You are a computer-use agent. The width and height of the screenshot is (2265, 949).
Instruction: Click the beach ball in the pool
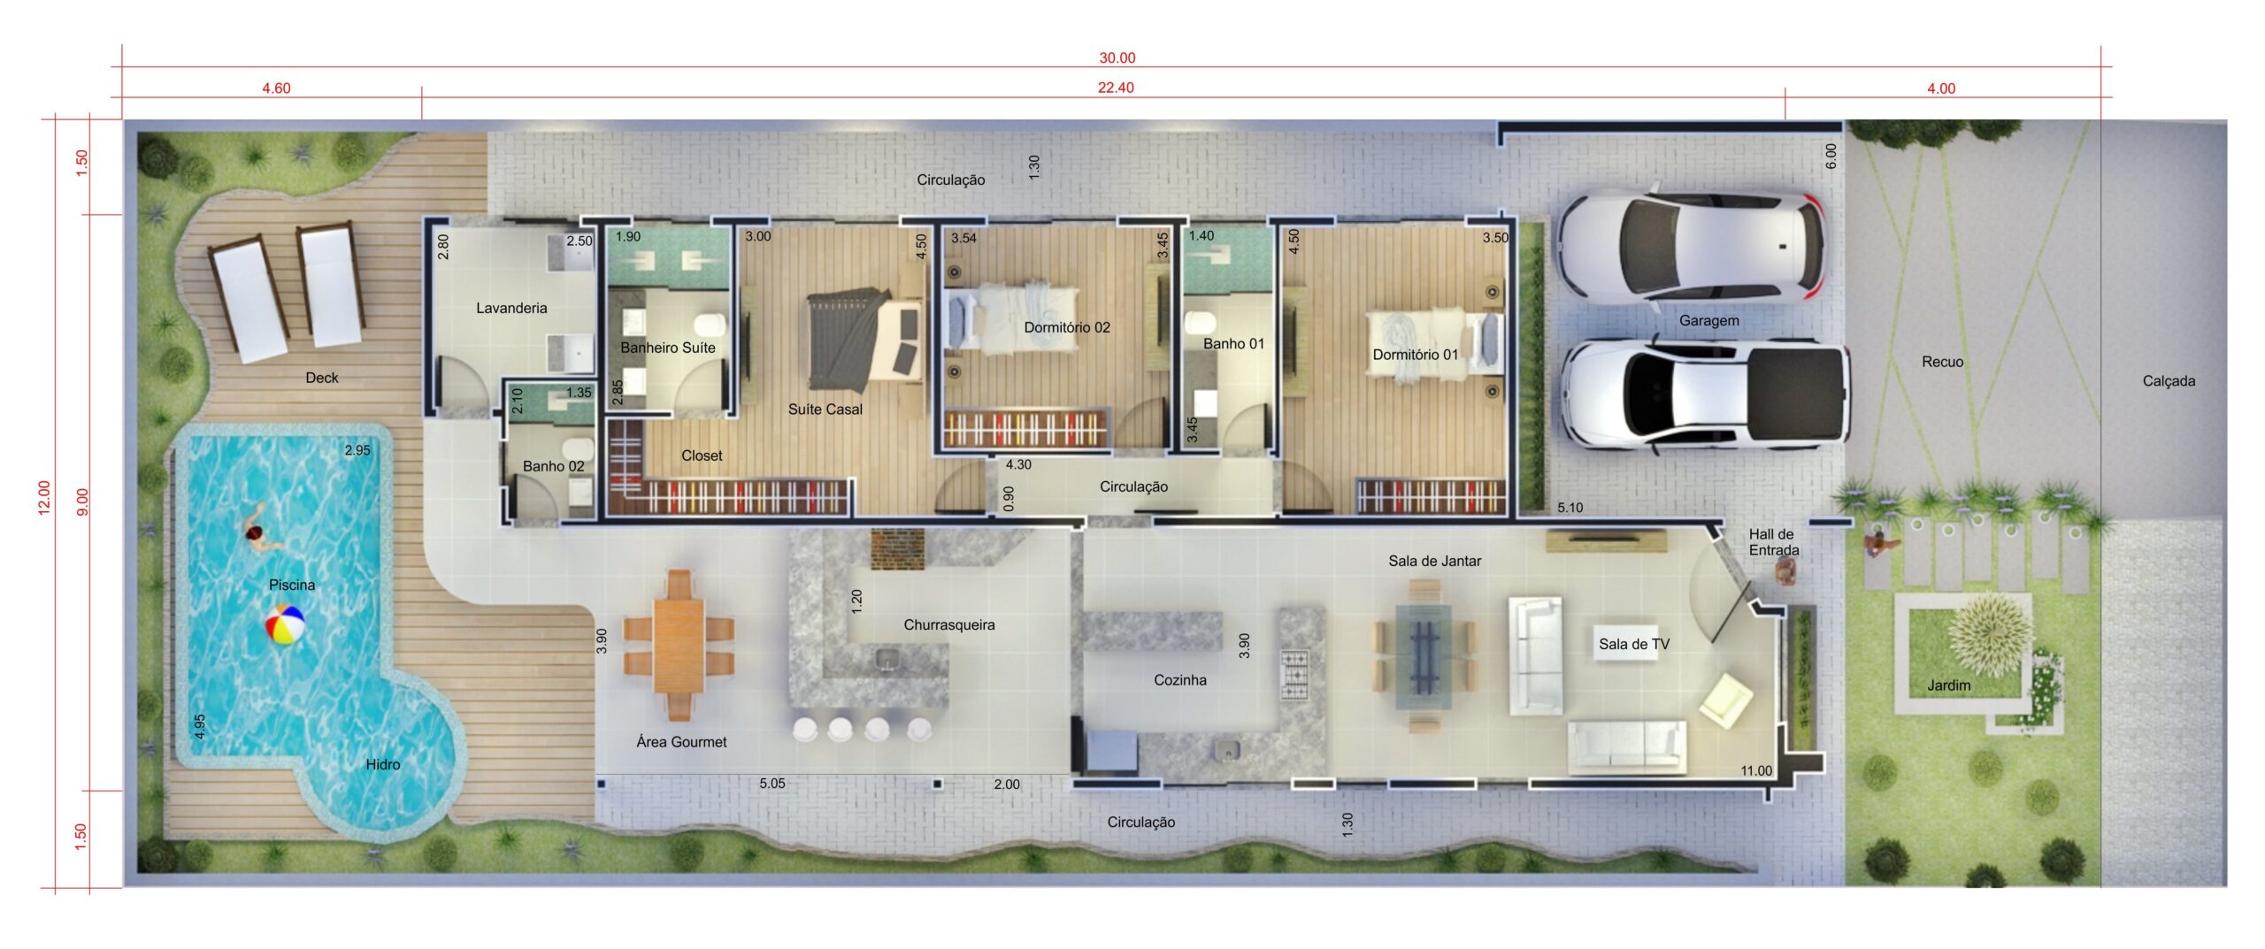point(285,624)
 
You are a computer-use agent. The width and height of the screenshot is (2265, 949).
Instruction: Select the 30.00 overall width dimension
point(1117,57)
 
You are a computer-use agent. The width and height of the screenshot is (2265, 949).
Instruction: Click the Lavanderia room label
point(511,308)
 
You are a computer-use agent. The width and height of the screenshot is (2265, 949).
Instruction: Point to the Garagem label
point(1708,320)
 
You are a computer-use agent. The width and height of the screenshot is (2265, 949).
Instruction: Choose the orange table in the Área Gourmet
point(679,644)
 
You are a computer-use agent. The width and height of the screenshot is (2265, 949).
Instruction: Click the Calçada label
point(2169,381)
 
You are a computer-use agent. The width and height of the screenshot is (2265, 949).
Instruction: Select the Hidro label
point(382,764)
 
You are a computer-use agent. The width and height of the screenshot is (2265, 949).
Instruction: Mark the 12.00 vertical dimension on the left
point(44,497)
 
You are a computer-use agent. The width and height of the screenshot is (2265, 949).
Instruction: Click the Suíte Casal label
point(825,409)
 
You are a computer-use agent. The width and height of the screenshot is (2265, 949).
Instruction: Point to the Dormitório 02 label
point(1066,327)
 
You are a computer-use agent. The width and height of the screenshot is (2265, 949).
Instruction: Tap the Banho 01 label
point(1233,343)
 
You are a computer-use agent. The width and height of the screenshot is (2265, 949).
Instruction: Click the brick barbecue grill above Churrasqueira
point(897,548)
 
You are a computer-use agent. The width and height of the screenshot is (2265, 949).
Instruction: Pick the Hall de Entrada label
point(1773,542)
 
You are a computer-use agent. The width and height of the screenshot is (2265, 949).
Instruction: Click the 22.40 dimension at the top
point(1116,88)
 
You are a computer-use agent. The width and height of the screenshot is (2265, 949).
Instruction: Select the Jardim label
point(1948,685)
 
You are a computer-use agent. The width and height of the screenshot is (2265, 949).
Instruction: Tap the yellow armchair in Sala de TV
point(1725,700)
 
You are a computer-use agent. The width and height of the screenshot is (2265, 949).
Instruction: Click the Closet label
point(702,455)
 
